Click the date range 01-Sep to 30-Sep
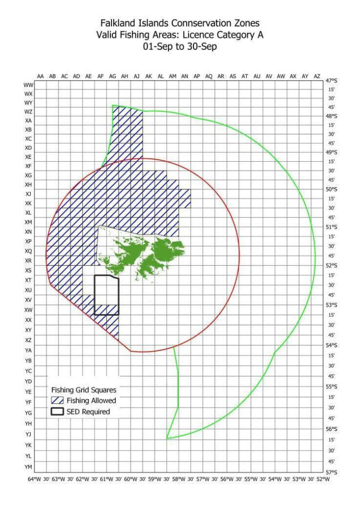point(180,46)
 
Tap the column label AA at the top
point(41,76)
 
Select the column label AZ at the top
point(317,76)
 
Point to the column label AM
point(173,76)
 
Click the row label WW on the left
point(28,85)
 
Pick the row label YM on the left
point(28,467)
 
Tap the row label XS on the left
point(28,270)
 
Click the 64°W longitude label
point(35,479)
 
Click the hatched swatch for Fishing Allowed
point(58,401)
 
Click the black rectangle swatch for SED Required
point(58,411)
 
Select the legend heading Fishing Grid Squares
point(84,390)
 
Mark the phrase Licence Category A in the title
point(229,35)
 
